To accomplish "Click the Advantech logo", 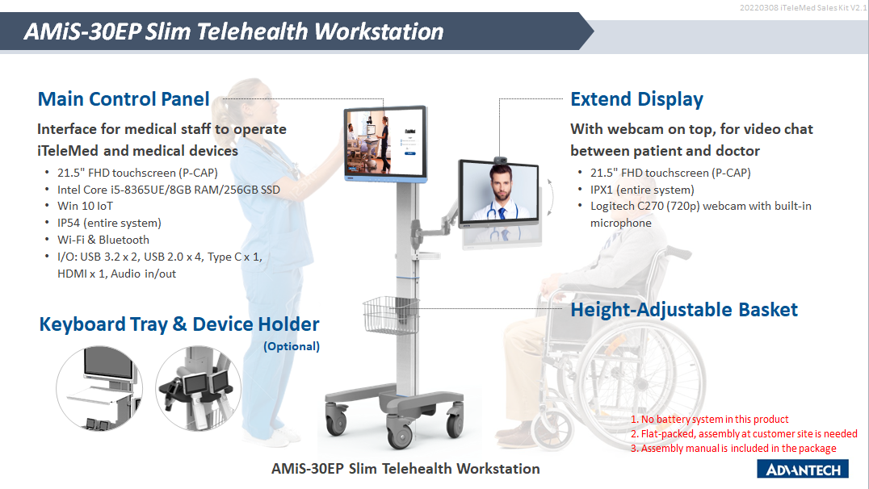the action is pyautogui.click(x=803, y=469).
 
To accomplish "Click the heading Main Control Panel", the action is pyautogui.click(x=124, y=99).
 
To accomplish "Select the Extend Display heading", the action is pyautogui.click(x=636, y=100).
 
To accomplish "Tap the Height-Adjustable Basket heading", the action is pyautogui.click(x=684, y=310).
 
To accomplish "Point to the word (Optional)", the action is pyautogui.click(x=292, y=347).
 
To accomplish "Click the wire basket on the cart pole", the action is pyautogui.click(x=391, y=314).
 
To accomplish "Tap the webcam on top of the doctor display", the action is pyautogui.click(x=501, y=160).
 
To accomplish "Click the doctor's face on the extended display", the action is pyautogui.click(x=501, y=185).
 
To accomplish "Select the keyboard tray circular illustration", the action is pyautogui.click(x=100, y=388).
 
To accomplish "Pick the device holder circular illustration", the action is pyautogui.click(x=199, y=388).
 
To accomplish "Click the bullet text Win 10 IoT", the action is pyautogui.click(x=86, y=206).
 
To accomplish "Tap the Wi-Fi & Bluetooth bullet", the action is pyautogui.click(x=103, y=240).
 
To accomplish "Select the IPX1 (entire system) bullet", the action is pyautogui.click(x=642, y=190).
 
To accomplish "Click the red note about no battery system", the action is pyautogui.click(x=709, y=420).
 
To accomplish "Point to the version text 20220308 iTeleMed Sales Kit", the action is pyautogui.click(x=803, y=8).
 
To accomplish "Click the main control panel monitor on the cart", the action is pyautogui.click(x=385, y=144).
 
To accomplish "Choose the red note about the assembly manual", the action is pyautogui.click(x=733, y=448).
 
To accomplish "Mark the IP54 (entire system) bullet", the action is pyautogui.click(x=109, y=224).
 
